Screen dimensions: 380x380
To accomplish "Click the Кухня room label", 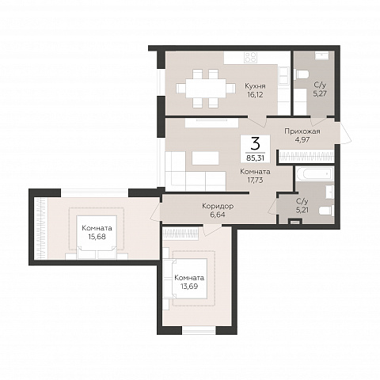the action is [x=255, y=86].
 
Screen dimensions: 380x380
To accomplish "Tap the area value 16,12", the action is [x=254, y=95].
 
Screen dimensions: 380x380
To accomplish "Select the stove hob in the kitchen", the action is [x=250, y=57].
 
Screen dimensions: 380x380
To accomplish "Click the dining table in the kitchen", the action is [x=206, y=88].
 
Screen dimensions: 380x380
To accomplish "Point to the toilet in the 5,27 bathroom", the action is [x=302, y=74].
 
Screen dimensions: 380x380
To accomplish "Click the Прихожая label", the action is [x=302, y=131].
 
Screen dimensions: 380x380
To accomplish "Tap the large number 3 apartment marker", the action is [x=255, y=144].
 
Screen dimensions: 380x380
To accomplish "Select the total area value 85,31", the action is [x=255, y=158].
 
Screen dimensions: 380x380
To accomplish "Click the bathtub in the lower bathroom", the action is [x=314, y=173].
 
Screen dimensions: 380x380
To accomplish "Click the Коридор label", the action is [x=218, y=206].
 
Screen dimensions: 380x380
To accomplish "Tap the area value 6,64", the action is [x=218, y=215].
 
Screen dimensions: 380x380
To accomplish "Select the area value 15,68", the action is [x=97, y=237].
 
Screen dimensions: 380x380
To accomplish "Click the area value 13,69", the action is [x=189, y=287].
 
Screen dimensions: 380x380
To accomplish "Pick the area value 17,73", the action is [x=255, y=180].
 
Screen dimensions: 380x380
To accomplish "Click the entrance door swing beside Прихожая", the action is [x=345, y=133].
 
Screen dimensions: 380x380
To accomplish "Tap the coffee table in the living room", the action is [x=205, y=158].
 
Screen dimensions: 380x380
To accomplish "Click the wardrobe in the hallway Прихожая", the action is [x=306, y=157].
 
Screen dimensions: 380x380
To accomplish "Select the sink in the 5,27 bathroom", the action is [x=321, y=55].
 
